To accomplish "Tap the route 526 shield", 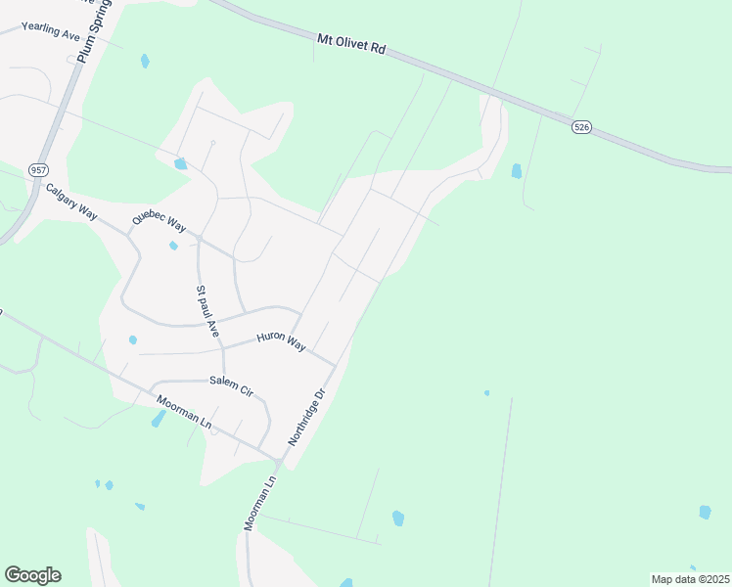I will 582,127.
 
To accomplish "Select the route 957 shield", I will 38,169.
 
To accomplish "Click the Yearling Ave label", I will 50,30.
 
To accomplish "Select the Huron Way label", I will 282,341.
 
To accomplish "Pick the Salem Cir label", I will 231,385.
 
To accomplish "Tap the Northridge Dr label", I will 305,418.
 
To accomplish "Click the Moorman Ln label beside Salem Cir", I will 185,410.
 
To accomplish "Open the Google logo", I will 32,575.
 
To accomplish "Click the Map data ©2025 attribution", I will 690,579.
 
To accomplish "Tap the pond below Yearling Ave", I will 145,61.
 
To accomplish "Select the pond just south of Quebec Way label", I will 173,246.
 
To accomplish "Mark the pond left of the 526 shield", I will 516,171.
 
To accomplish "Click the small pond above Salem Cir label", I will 132,340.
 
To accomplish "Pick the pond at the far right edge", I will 705,512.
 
